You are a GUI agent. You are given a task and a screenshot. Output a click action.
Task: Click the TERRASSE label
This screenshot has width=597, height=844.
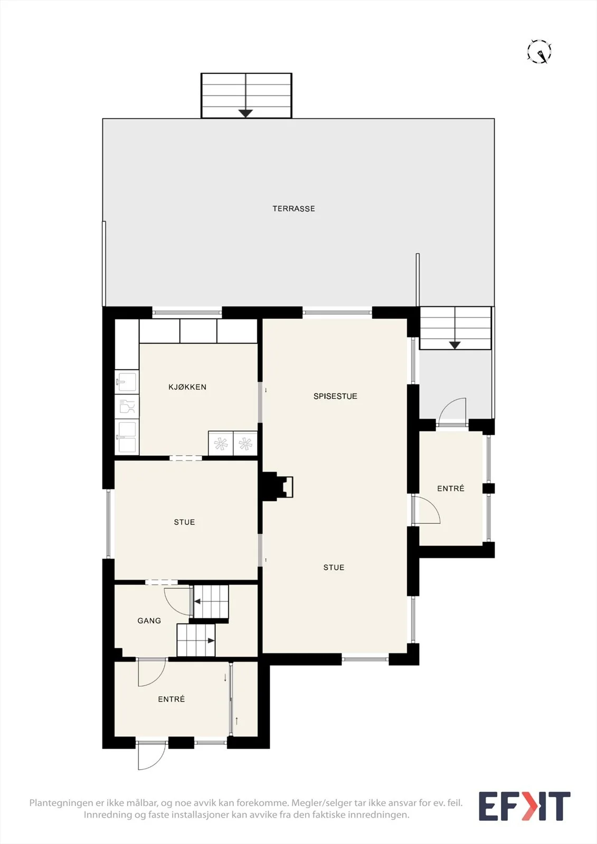click(x=293, y=208)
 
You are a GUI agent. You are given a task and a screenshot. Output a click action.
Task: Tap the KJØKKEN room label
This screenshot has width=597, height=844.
click(x=187, y=387)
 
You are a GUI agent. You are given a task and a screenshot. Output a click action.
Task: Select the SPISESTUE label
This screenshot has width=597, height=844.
click(x=335, y=396)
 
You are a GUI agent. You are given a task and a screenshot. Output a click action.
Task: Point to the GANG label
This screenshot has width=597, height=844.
click(x=149, y=620)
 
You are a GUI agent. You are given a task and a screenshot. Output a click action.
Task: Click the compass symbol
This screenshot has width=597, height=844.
click(x=539, y=51)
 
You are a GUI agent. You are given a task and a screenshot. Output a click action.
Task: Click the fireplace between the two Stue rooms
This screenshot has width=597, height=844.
click(x=277, y=486)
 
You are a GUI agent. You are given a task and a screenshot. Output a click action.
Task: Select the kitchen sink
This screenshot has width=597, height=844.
click(x=127, y=381)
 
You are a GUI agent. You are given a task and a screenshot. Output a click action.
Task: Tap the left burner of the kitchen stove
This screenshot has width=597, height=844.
click(x=221, y=444)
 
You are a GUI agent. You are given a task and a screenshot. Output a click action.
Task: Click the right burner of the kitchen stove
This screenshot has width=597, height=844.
click(x=245, y=444)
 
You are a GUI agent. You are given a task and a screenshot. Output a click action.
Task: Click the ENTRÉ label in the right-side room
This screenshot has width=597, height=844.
click(x=451, y=488)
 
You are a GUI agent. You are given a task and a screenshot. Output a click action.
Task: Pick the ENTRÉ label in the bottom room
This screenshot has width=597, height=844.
click(x=171, y=699)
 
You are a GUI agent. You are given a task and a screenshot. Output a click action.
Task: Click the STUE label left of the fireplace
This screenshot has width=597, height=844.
click(x=184, y=522)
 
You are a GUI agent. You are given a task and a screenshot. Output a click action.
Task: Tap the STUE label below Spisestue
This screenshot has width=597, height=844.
click(x=334, y=567)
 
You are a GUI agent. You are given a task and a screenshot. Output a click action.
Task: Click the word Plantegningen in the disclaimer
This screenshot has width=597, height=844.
click(x=61, y=803)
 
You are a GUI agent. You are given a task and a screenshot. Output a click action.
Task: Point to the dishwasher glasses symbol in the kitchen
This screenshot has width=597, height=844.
click(x=127, y=407)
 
